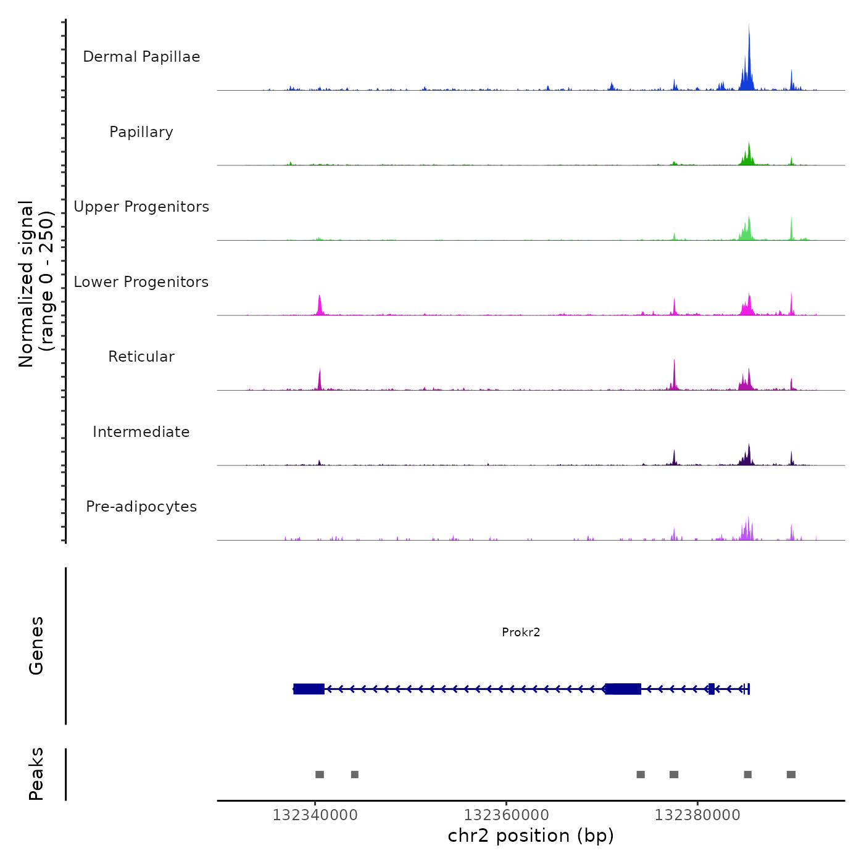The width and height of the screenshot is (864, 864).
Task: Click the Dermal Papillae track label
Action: tap(141, 57)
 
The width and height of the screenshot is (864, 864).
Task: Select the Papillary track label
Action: tap(141, 132)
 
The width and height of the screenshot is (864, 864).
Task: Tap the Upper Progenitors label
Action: tap(141, 207)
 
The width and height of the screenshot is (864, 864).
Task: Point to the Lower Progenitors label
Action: tap(141, 282)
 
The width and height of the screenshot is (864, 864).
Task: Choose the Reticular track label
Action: tap(141, 357)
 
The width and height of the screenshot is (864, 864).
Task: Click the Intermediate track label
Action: tap(141, 432)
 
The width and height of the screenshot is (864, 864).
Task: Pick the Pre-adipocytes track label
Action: tap(141, 507)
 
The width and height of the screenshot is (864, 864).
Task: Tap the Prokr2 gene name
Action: tap(521, 632)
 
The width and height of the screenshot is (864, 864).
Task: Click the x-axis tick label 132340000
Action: tap(315, 815)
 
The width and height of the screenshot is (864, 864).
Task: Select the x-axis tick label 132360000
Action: tap(506, 815)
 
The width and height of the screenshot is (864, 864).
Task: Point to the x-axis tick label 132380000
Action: tap(697, 815)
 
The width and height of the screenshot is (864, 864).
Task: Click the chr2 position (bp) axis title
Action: tap(531, 836)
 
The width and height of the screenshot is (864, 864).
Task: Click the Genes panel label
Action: tap(36, 646)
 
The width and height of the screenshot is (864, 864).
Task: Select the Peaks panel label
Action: tap(36, 774)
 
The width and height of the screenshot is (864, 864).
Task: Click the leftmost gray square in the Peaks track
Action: tap(319, 775)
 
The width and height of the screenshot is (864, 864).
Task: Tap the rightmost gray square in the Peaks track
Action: tap(791, 775)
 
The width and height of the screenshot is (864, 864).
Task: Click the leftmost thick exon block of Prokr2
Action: tap(309, 689)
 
